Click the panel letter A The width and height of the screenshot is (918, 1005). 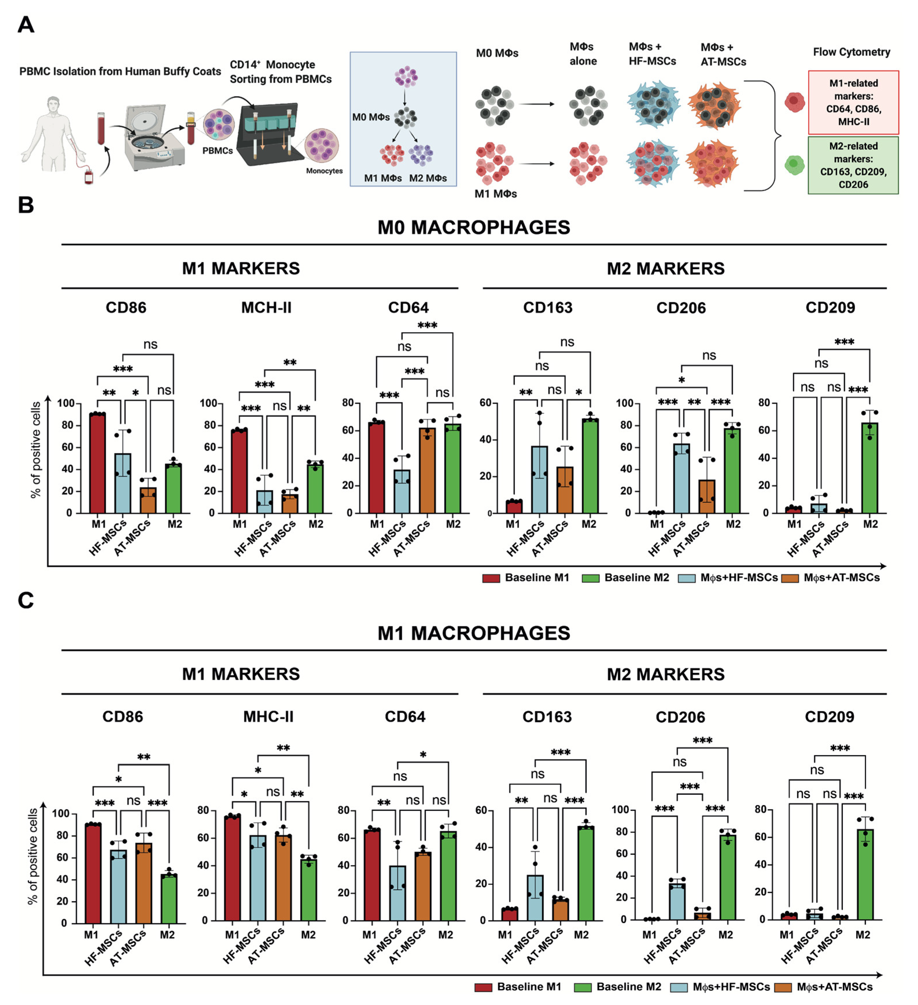(x=26, y=24)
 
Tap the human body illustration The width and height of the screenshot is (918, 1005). (x=52, y=134)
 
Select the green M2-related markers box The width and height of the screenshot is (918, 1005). (x=853, y=165)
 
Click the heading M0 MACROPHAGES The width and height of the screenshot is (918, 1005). (x=473, y=227)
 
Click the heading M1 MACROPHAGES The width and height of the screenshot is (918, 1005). (x=473, y=633)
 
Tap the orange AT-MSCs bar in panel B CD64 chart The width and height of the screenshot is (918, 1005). (x=427, y=471)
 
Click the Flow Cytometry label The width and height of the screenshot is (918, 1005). (x=851, y=52)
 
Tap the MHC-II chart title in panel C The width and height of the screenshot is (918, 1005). (x=268, y=717)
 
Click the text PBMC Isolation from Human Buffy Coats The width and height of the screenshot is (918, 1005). (x=120, y=71)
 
